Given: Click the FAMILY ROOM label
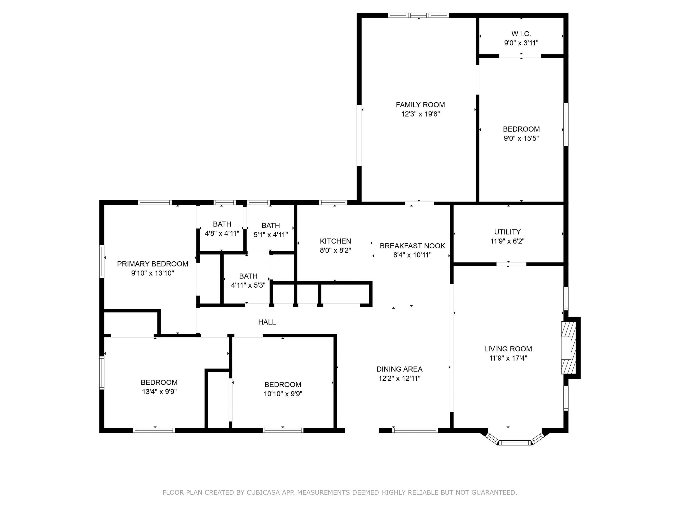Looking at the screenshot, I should (x=420, y=105).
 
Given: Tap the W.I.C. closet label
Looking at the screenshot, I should (x=521, y=34).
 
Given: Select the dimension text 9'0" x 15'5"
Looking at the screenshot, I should (x=521, y=138).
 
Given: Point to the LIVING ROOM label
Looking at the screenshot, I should (x=508, y=349).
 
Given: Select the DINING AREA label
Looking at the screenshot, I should (x=399, y=369).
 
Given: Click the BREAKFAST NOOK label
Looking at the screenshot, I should (x=412, y=246).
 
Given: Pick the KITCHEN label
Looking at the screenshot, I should (x=335, y=241).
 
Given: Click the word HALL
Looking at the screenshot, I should (x=267, y=322).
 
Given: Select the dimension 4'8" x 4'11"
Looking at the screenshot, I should (x=222, y=233).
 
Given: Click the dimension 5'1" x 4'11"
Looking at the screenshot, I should (x=271, y=235).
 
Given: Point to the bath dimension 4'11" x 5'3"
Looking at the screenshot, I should (x=248, y=285).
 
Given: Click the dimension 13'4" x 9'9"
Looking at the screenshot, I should (x=159, y=392).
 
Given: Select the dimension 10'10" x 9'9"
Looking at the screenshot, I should (x=283, y=394).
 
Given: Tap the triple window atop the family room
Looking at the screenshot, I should (x=418, y=15).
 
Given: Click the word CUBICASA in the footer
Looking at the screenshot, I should (x=263, y=492).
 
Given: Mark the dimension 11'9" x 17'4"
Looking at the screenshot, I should (x=508, y=358).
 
